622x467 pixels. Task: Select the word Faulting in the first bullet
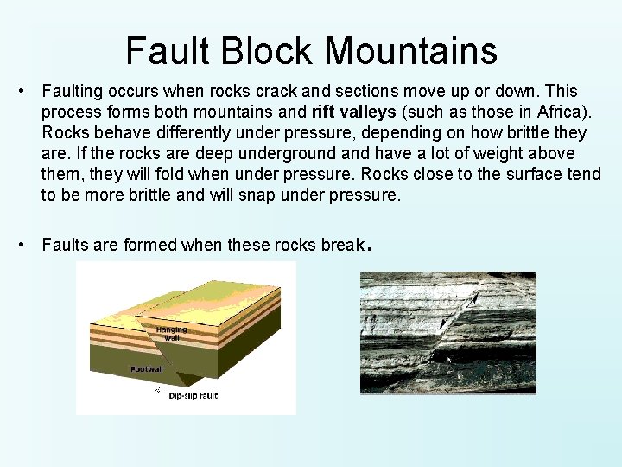tap(71, 92)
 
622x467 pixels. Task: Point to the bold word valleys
tap(370, 112)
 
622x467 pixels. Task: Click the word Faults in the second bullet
tap(66, 245)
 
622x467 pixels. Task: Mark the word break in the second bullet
tap(343, 245)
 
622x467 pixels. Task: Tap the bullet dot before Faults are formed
tap(28, 245)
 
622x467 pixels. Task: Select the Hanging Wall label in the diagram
tap(171, 333)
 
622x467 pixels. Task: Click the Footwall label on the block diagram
tap(147, 369)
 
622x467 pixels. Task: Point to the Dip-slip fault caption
tap(194, 396)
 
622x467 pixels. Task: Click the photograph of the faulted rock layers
tap(447, 333)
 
